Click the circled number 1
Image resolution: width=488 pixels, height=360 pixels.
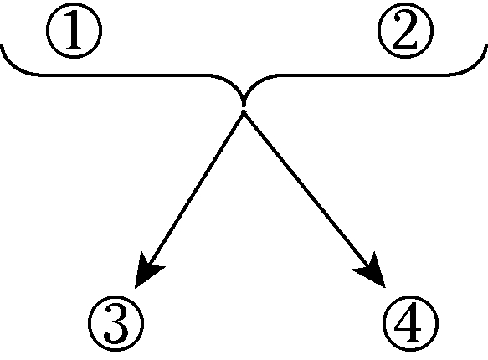(74, 30)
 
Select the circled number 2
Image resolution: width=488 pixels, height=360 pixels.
(405, 30)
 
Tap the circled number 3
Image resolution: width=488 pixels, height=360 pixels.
(116, 323)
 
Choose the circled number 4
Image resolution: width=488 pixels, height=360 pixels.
(410, 323)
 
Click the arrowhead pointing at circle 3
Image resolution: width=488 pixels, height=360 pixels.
(146, 271)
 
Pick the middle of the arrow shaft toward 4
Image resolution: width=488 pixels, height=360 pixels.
(308, 192)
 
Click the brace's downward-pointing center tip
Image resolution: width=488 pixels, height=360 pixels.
(244, 106)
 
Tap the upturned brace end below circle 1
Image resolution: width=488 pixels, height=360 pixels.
(3, 47)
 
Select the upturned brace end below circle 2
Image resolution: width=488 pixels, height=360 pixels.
(485, 47)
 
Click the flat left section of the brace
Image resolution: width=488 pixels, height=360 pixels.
(125, 75)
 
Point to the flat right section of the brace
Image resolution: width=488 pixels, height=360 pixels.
(362, 75)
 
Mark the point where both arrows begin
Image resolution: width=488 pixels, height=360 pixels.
(244, 113)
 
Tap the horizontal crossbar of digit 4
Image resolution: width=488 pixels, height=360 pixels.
(408, 330)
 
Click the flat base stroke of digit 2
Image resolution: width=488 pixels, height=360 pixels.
(405, 47)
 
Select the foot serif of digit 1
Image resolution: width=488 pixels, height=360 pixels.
(74, 49)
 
